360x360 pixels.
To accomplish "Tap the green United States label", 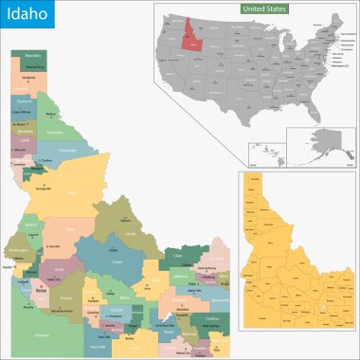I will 263,9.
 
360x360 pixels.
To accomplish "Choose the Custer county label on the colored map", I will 117,261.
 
